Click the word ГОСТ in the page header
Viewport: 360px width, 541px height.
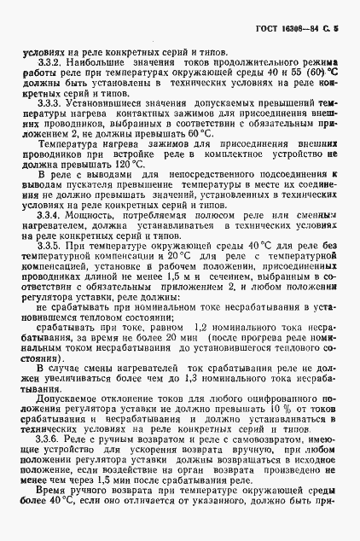point(268,29)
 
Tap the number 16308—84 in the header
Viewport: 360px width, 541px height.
point(302,29)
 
